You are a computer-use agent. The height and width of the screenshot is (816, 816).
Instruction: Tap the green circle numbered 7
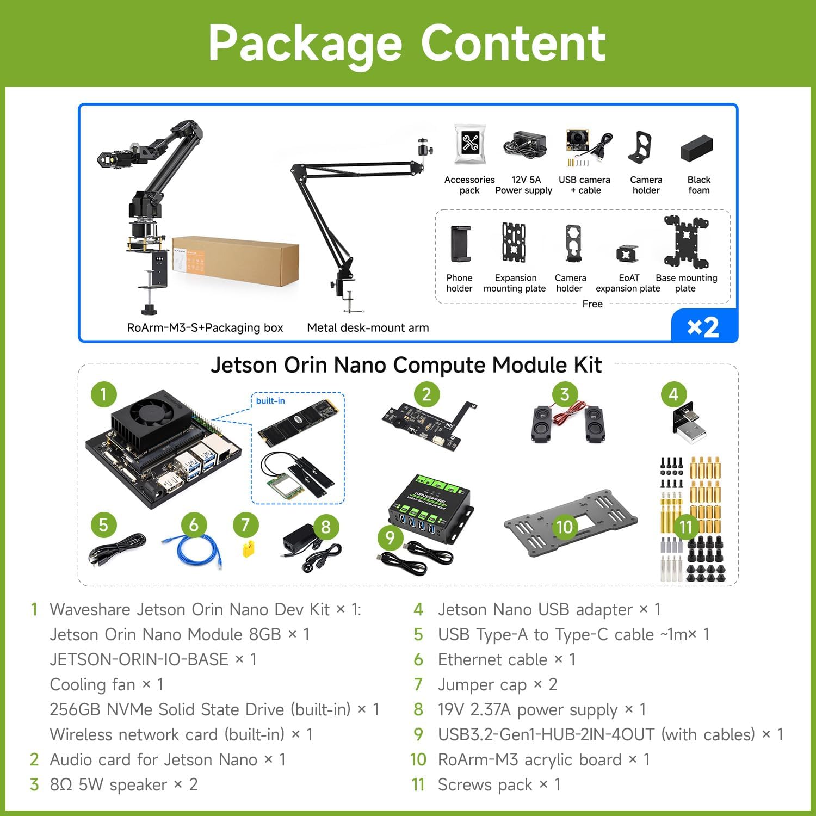tap(245, 524)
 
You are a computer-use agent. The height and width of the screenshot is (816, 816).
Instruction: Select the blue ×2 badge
tap(704, 326)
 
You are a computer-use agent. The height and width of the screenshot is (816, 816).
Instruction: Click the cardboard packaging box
tap(236, 262)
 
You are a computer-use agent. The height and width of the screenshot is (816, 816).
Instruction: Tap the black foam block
tap(697, 147)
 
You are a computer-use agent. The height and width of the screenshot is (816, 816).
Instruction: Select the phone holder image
tap(460, 244)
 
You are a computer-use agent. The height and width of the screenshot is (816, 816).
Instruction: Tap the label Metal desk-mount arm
tap(368, 327)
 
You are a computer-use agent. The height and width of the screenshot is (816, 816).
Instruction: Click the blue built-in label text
tap(270, 401)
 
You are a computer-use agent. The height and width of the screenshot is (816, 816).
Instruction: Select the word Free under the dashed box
tap(592, 304)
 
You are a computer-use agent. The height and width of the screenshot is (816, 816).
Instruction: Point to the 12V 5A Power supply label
tap(524, 185)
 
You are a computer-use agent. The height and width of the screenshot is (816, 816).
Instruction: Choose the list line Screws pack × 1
tap(499, 785)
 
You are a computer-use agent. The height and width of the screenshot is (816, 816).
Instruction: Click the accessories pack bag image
tap(470, 144)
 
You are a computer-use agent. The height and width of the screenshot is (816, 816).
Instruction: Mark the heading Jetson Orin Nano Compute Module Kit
tap(406, 365)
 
